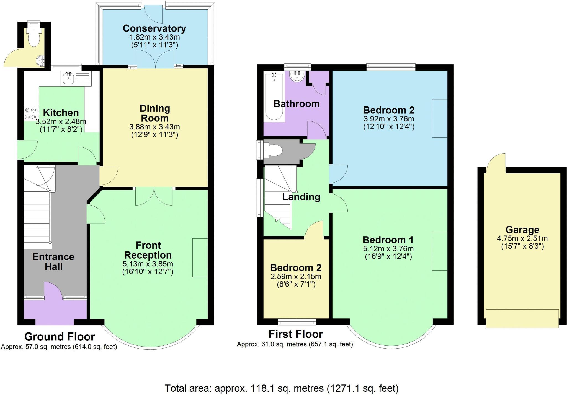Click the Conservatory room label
click(x=154, y=28)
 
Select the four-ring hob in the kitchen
click(x=31, y=113)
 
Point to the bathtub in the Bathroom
click(x=274, y=96)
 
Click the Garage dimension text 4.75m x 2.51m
click(x=522, y=238)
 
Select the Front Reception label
click(x=148, y=250)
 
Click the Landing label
click(x=301, y=197)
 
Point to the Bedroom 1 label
click(x=388, y=240)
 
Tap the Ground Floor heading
click(x=60, y=337)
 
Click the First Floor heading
click(x=296, y=334)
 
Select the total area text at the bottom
click(x=282, y=388)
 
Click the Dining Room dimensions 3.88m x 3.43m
click(x=154, y=127)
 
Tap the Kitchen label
click(x=61, y=113)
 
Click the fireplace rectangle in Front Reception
click(x=200, y=257)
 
